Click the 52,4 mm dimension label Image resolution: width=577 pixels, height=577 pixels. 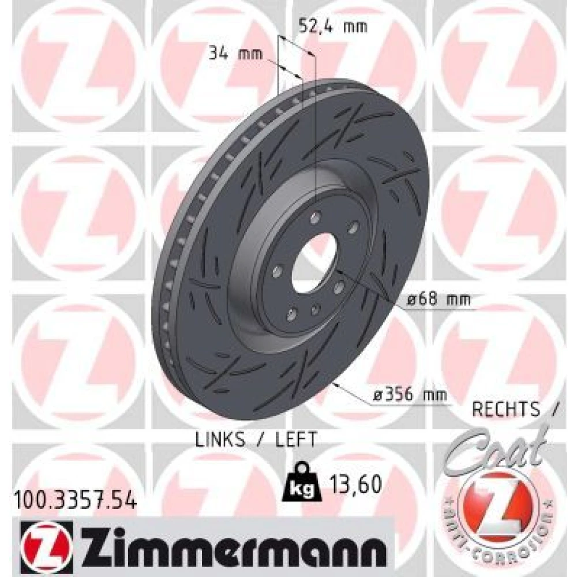pos(333,26)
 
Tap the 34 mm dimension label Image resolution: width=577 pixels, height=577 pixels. pos(235,54)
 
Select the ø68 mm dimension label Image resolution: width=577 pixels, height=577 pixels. pos(439,299)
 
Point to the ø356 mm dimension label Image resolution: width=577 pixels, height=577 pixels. pos(410,395)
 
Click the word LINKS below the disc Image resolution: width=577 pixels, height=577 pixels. pos(220,439)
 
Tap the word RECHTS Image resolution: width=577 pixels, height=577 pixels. pos(506,409)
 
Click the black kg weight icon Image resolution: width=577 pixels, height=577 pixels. pos(302,481)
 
